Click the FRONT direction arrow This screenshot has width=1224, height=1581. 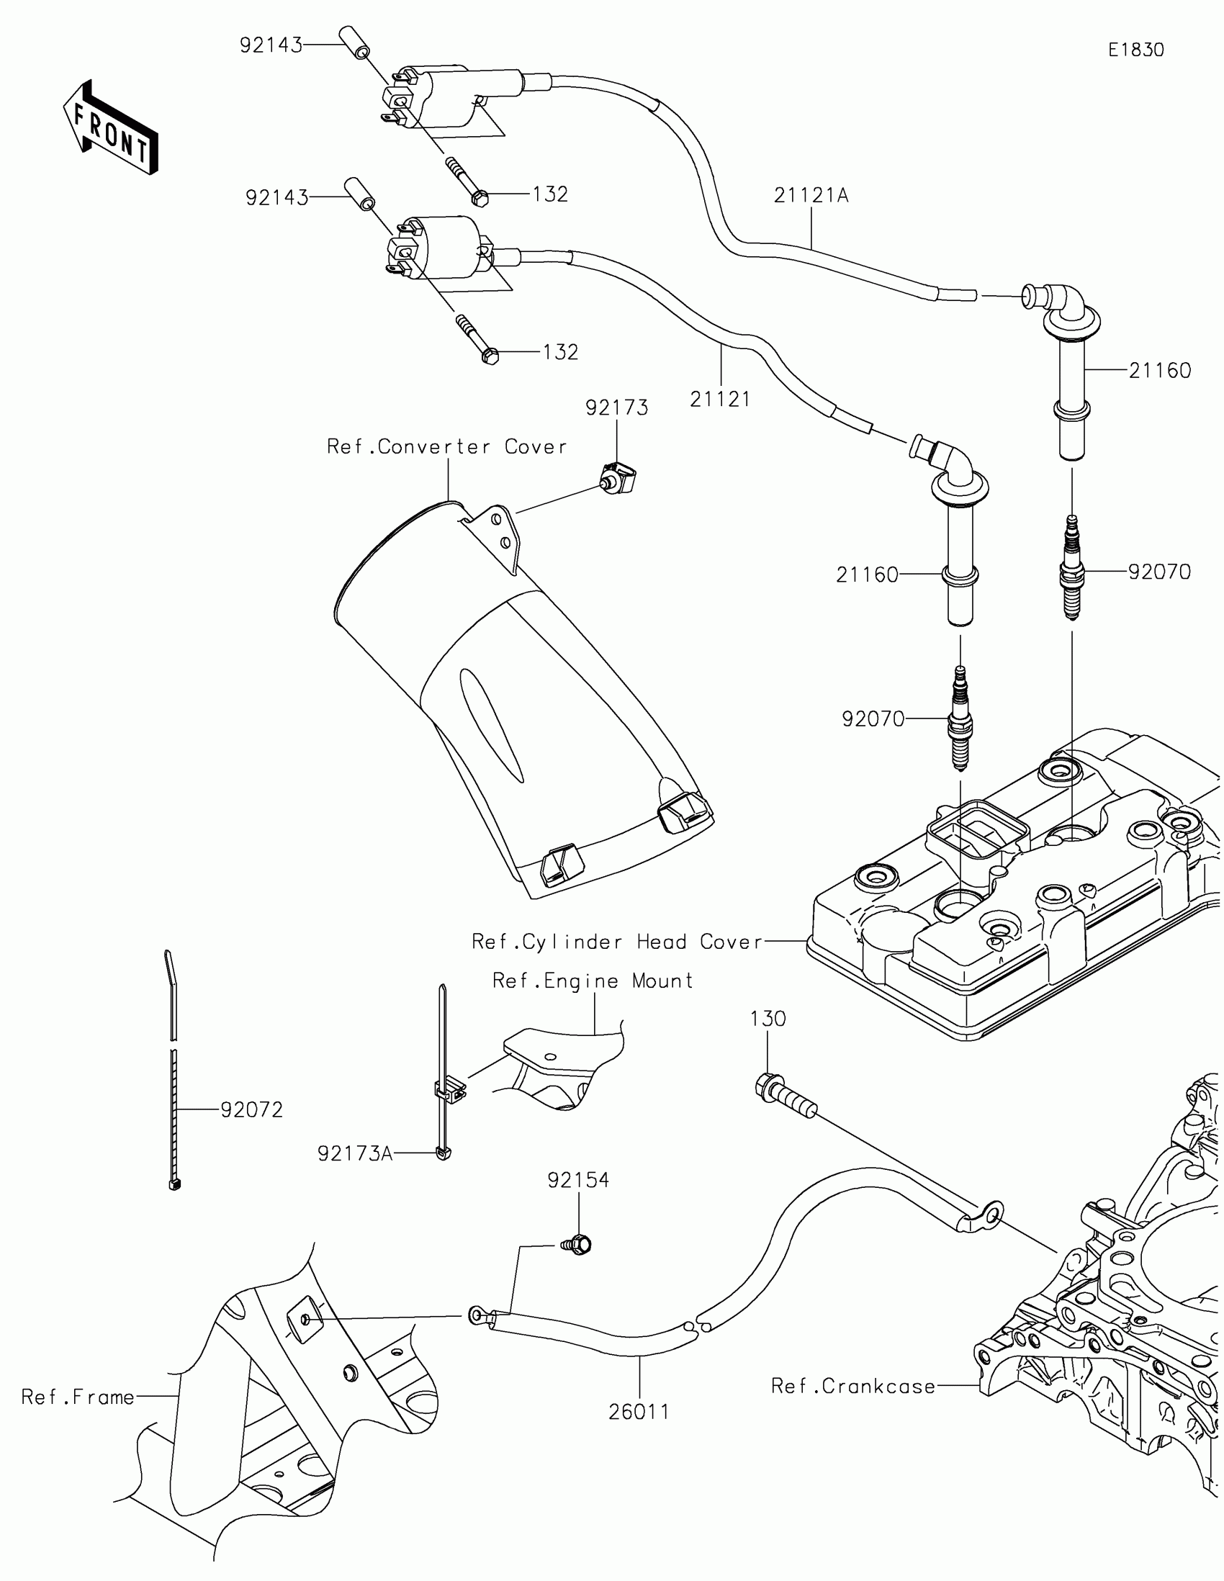tap(111, 127)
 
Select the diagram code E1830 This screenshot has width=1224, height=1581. tap(1135, 50)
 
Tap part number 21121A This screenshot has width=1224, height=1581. tap(811, 195)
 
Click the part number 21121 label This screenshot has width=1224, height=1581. tap(719, 399)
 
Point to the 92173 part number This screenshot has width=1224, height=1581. tap(617, 408)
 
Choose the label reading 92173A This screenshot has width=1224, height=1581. tap(355, 1153)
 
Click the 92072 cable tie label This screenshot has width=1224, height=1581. tap(251, 1109)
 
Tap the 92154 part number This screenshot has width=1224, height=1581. tap(578, 1181)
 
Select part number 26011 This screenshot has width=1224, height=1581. tap(639, 1412)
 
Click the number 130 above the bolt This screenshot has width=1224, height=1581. tap(768, 1019)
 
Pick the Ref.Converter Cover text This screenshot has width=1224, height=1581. tap(446, 446)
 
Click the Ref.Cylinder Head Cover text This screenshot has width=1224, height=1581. tap(618, 942)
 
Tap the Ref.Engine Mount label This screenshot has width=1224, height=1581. tap(592, 981)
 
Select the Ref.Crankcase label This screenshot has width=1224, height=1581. tap(852, 1387)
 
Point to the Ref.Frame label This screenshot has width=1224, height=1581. tap(78, 1397)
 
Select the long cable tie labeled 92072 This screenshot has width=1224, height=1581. tap(172, 1071)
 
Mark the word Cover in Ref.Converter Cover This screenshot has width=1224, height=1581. tap(536, 446)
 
